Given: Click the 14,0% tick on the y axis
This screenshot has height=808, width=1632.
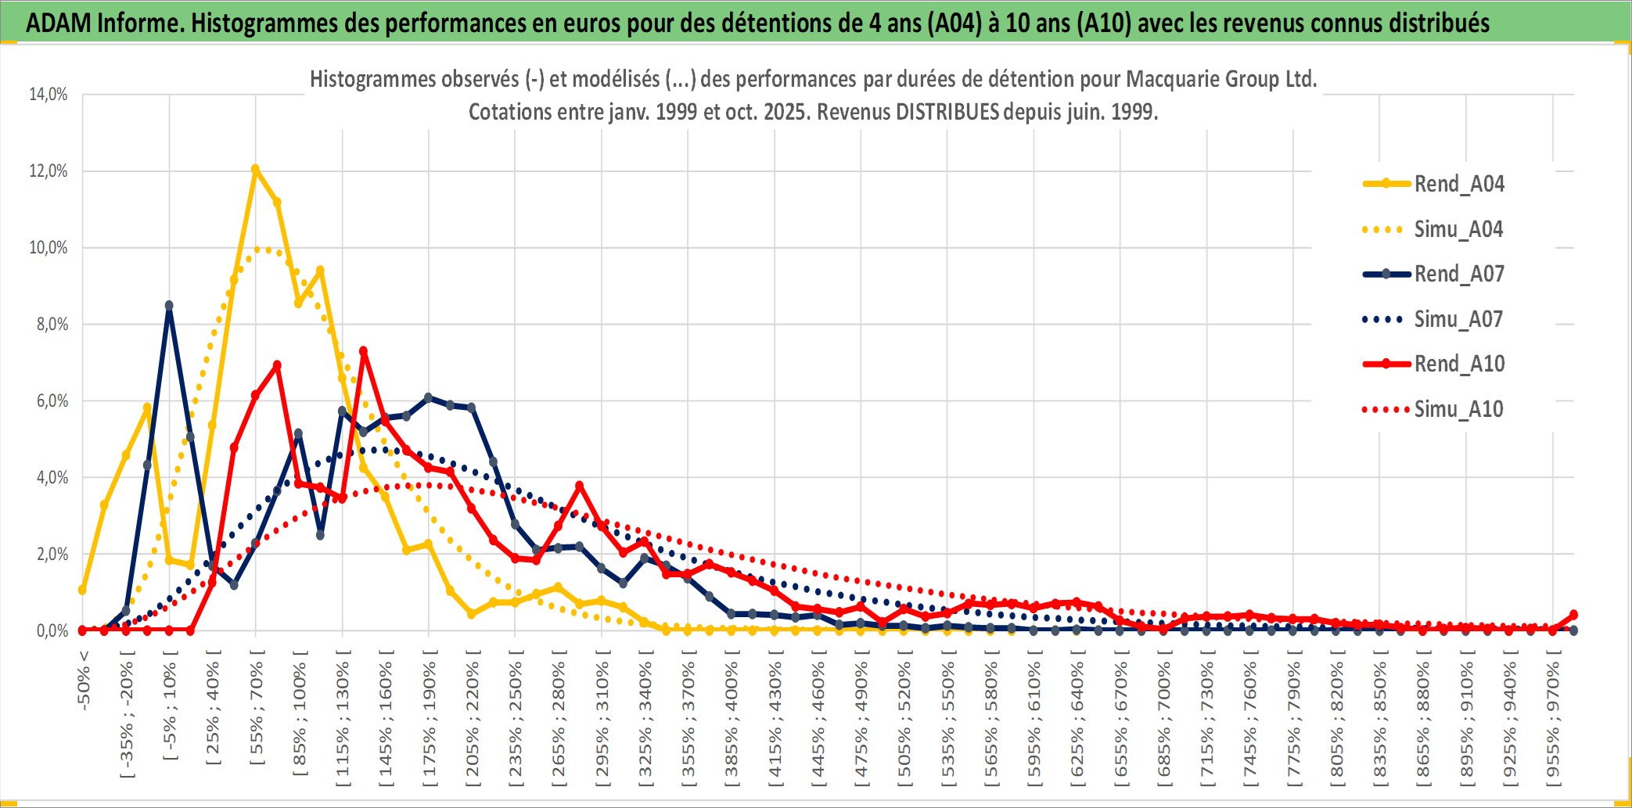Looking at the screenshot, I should pos(49,95).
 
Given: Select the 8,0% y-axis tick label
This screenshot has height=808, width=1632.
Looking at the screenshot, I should pos(52,325).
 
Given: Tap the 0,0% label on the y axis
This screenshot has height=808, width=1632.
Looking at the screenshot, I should pos(52,630).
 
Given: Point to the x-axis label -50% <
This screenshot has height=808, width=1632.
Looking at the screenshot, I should pos(84,681).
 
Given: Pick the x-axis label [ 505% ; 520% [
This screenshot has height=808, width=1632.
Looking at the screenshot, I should pos(904,724).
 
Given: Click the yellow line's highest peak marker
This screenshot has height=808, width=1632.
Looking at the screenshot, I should pos(255,169).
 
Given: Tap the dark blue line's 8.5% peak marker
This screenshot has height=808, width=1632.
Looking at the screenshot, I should pos(169,306).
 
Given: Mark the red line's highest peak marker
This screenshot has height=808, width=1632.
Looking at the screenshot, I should pos(363,351).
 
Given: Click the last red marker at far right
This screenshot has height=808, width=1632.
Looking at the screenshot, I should pos(1573,615).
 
